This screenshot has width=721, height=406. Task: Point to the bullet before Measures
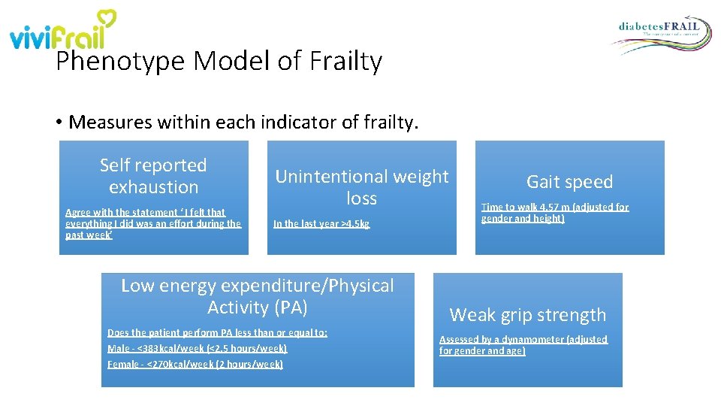pos(59,122)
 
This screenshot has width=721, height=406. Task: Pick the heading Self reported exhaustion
pos(153,176)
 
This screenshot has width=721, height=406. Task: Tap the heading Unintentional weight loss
pos(361,187)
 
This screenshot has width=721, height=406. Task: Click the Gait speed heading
pos(569,182)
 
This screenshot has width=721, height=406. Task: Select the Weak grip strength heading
pos(527,315)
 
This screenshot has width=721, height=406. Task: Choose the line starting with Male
pos(197,348)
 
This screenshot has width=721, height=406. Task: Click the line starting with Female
pos(195,364)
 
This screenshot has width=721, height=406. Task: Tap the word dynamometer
pos(532,339)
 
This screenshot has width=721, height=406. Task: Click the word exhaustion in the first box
pos(153,187)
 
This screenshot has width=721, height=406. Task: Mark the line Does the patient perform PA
pos(217,332)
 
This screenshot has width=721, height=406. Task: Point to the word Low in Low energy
pos(137,286)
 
